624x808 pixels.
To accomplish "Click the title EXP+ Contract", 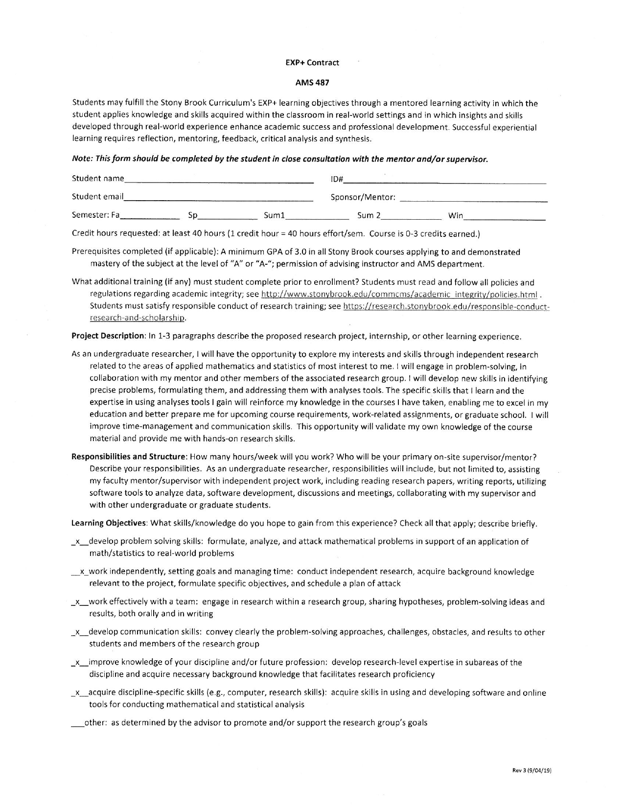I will click(312, 63).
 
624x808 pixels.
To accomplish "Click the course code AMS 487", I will click(312, 83).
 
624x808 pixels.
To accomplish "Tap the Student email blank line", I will click(218, 198).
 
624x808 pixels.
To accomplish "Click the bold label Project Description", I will click(108, 337).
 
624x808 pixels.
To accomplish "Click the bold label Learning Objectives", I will click(109, 524).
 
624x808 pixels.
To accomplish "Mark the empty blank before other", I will click(77, 723).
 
